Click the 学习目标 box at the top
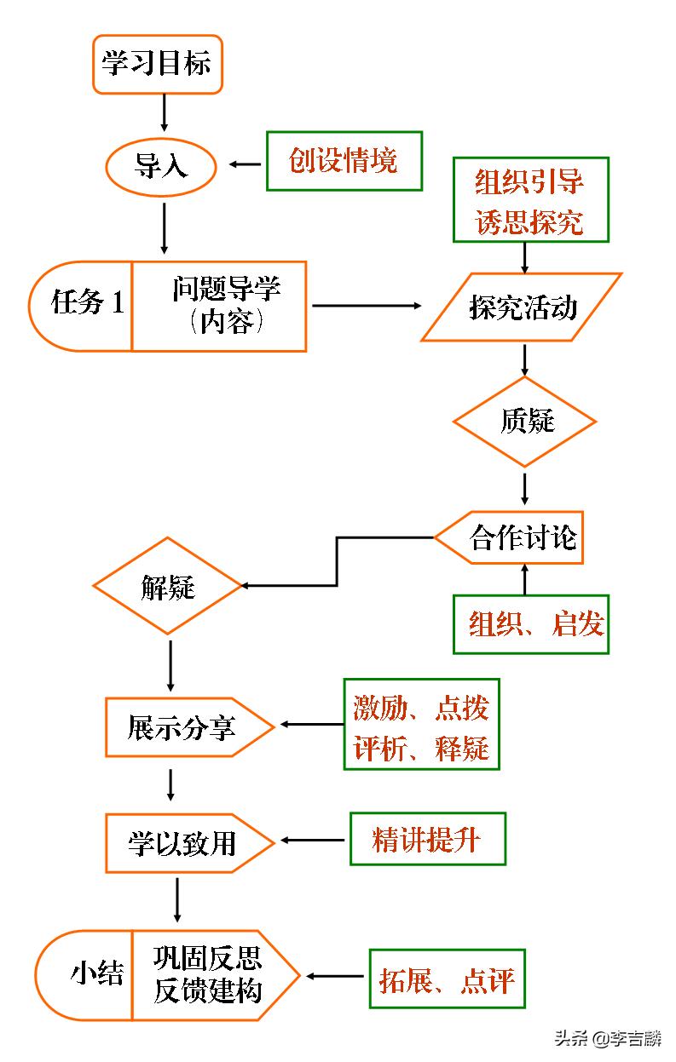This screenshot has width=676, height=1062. point(157,64)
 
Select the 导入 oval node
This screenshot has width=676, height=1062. point(160,166)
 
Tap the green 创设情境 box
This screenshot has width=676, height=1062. point(344,161)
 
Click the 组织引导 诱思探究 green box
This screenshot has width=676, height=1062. point(529,200)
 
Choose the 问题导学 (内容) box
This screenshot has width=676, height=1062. point(220,306)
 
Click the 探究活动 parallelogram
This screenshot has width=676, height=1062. point(522,307)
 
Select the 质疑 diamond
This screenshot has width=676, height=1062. point(524,422)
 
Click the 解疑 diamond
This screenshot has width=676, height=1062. point(168,586)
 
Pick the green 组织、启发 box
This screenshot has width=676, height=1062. point(530,624)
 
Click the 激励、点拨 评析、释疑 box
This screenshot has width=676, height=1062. point(421,724)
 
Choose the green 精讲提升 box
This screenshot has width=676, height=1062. point(427,840)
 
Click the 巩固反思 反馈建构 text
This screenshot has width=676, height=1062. point(208,975)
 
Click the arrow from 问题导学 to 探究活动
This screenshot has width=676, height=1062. point(367,306)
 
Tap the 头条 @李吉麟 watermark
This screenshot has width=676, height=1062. point(608,1039)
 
